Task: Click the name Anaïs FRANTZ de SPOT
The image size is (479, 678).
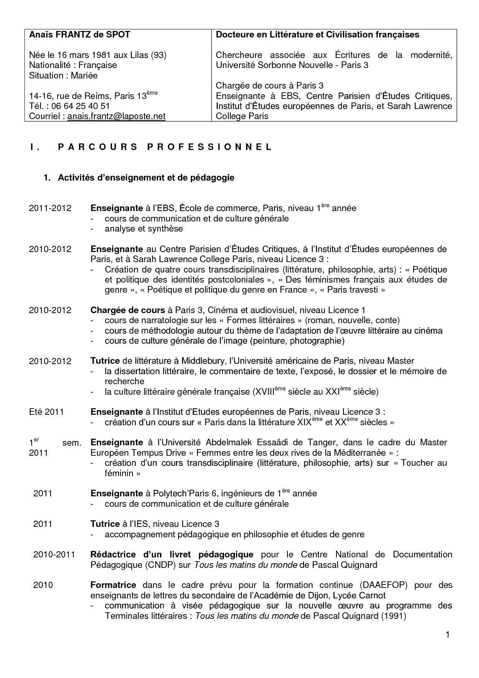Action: click(x=80, y=35)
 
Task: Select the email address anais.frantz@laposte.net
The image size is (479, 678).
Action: click(x=116, y=116)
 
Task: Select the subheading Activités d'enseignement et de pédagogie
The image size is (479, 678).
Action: click(x=146, y=178)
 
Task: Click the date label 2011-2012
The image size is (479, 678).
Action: click(x=50, y=208)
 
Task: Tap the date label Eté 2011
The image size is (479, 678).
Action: click(x=46, y=412)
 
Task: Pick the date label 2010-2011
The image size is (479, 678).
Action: click(x=54, y=555)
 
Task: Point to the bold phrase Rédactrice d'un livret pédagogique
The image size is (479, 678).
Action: click(x=172, y=555)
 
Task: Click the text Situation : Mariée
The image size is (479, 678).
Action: click(x=63, y=75)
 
